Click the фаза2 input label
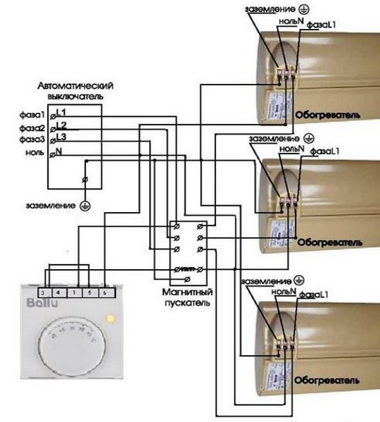(x=32, y=128)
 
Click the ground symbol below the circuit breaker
(x=85, y=205)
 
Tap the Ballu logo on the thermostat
(x=40, y=304)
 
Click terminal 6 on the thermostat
(x=104, y=291)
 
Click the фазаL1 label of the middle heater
(x=324, y=151)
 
